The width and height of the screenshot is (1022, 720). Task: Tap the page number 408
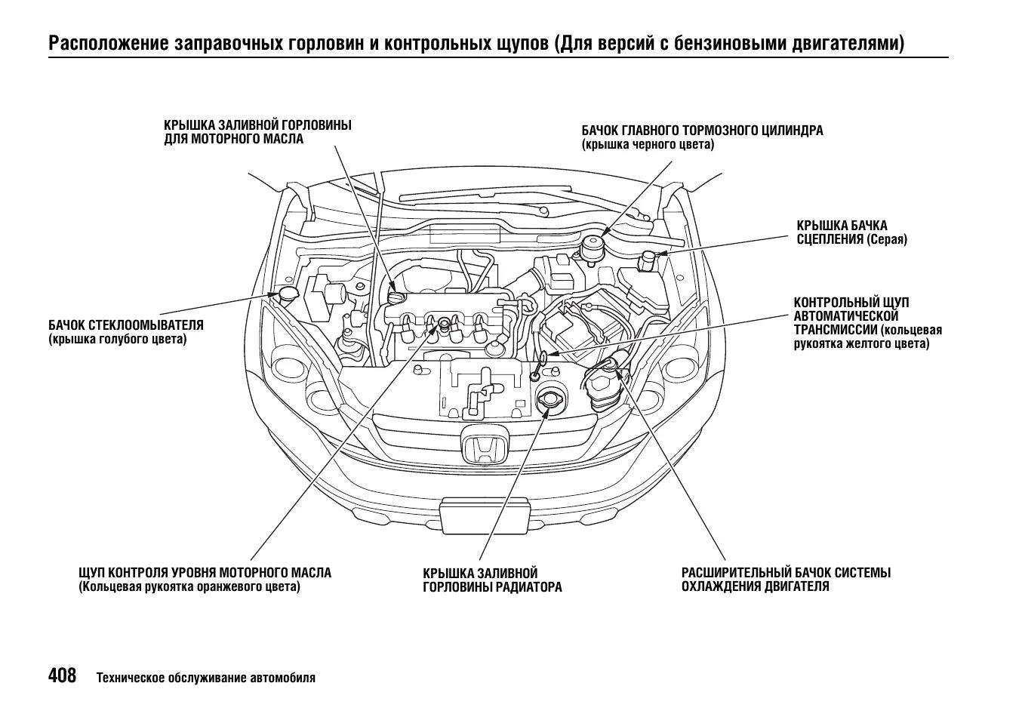coord(63,675)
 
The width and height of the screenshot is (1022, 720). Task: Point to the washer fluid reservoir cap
coord(288,294)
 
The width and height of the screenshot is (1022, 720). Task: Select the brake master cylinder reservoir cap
coord(591,246)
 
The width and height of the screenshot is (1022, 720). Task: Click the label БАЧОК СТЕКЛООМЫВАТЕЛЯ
coord(125,325)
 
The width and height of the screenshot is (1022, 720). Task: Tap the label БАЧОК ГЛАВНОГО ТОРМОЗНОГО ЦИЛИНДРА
coord(702,131)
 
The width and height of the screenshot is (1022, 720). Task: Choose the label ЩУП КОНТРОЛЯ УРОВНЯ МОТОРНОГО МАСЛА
coord(205,573)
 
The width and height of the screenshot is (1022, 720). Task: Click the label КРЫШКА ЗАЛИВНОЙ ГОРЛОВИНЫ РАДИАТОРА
coord(491,580)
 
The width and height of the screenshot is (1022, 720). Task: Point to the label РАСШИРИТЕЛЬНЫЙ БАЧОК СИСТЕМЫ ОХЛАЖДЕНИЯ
coord(785,580)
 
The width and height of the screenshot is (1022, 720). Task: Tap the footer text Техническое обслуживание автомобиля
coord(205,678)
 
